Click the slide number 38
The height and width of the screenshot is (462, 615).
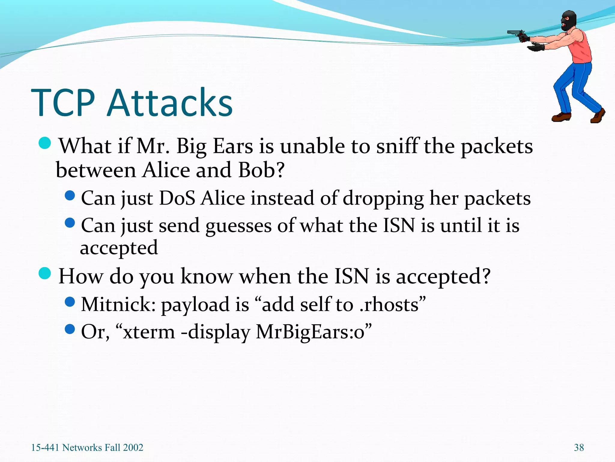[x=579, y=448]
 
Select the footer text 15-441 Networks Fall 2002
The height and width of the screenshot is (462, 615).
[x=87, y=448]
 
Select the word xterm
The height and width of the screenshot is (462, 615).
[x=149, y=332]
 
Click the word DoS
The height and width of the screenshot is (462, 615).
[x=177, y=199]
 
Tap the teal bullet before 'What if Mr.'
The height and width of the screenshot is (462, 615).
[x=45, y=143]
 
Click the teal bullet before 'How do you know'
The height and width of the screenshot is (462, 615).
[x=45, y=273]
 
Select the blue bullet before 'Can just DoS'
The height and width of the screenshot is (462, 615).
[x=70, y=196]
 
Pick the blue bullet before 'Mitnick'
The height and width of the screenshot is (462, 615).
[x=70, y=302]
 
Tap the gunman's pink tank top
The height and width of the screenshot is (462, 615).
[x=581, y=50]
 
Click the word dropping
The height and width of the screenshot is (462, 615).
[x=383, y=199]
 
